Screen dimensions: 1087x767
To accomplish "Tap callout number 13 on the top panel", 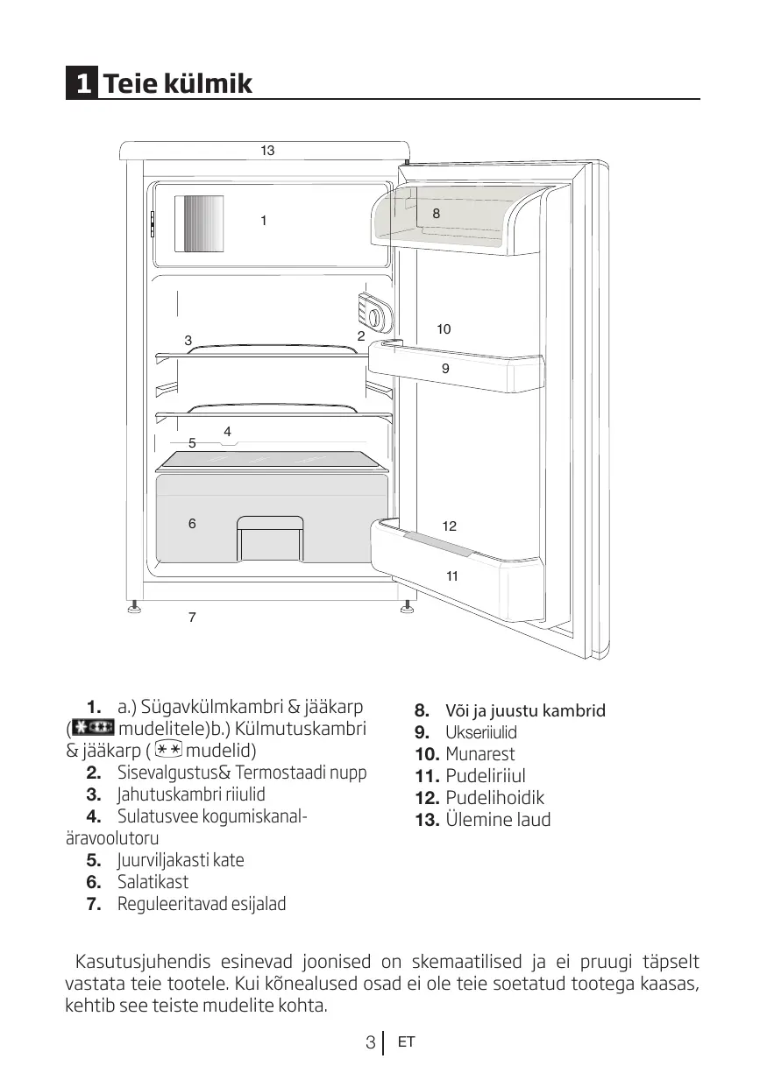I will point(267,151).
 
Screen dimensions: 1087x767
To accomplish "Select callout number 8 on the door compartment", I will point(437,213).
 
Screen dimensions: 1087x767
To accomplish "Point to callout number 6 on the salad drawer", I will point(192,524).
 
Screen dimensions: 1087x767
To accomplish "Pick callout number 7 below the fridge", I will point(192,618).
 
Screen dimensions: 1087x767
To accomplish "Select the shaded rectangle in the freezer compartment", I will point(199,222).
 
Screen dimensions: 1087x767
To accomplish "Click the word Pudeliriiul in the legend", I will point(485,776).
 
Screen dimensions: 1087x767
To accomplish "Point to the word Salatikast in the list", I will point(153,882).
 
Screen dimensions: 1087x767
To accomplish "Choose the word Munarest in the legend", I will point(479,754).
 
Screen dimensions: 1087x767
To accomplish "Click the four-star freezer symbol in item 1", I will point(92,729).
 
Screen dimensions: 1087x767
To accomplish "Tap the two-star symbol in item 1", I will point(170,751).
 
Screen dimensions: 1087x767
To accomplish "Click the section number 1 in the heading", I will point(82,84).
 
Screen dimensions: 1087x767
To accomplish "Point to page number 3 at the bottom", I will point(371,1043).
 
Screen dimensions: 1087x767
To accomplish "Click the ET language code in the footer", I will point(405,1042).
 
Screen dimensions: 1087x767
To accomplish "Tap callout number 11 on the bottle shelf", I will point(452,576).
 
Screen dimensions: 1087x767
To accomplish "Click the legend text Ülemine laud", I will point(498,821).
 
